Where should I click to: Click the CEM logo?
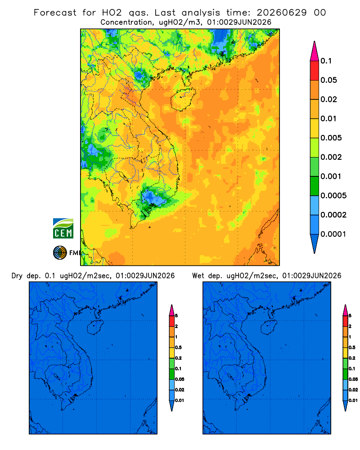63,229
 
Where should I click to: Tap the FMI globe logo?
60,253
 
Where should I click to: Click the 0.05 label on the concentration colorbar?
328,80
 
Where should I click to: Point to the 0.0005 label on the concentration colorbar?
333,196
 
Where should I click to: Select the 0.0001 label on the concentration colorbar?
333,234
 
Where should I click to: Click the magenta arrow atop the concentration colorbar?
315,51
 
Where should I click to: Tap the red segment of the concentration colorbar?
315,71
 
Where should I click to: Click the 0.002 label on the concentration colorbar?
331,157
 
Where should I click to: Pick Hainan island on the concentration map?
183,99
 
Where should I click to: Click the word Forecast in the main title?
55,13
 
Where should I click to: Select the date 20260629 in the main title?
282,13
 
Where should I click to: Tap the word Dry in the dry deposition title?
17,276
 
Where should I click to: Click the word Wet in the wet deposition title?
198,276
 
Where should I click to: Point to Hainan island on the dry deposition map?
95,328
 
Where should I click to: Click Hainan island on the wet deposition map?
269,328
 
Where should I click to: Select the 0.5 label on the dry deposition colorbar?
178,347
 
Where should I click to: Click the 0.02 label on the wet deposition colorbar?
353,390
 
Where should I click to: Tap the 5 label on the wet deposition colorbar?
350,316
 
